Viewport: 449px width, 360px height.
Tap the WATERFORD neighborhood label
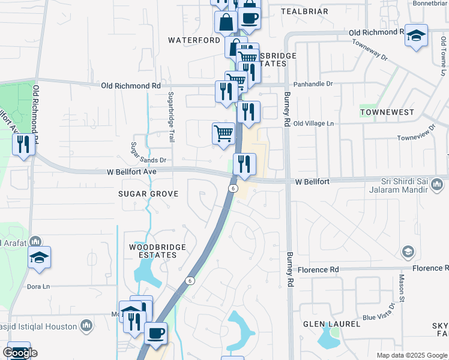coord(194,40)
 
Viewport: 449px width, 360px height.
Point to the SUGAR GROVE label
coord(148,194)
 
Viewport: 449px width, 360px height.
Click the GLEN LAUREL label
coord(331,324)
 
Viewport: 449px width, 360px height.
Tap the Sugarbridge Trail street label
coord(171,117)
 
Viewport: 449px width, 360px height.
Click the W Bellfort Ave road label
coord(131,172)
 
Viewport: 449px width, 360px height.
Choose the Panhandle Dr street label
coord(312,84)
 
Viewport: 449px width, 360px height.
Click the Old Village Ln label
coord(313,123)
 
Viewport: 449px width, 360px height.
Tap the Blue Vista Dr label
coord(378,313)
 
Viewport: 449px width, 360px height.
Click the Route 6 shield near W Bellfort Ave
coord(232,188)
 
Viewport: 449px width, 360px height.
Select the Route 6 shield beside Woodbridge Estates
coord(190,280)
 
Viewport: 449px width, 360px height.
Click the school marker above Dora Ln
coord(39,258)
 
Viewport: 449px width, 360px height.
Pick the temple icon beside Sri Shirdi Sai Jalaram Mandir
coord(437,189)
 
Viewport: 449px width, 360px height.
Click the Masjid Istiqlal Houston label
coord(40,326)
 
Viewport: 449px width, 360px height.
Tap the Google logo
coord(20,353)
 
